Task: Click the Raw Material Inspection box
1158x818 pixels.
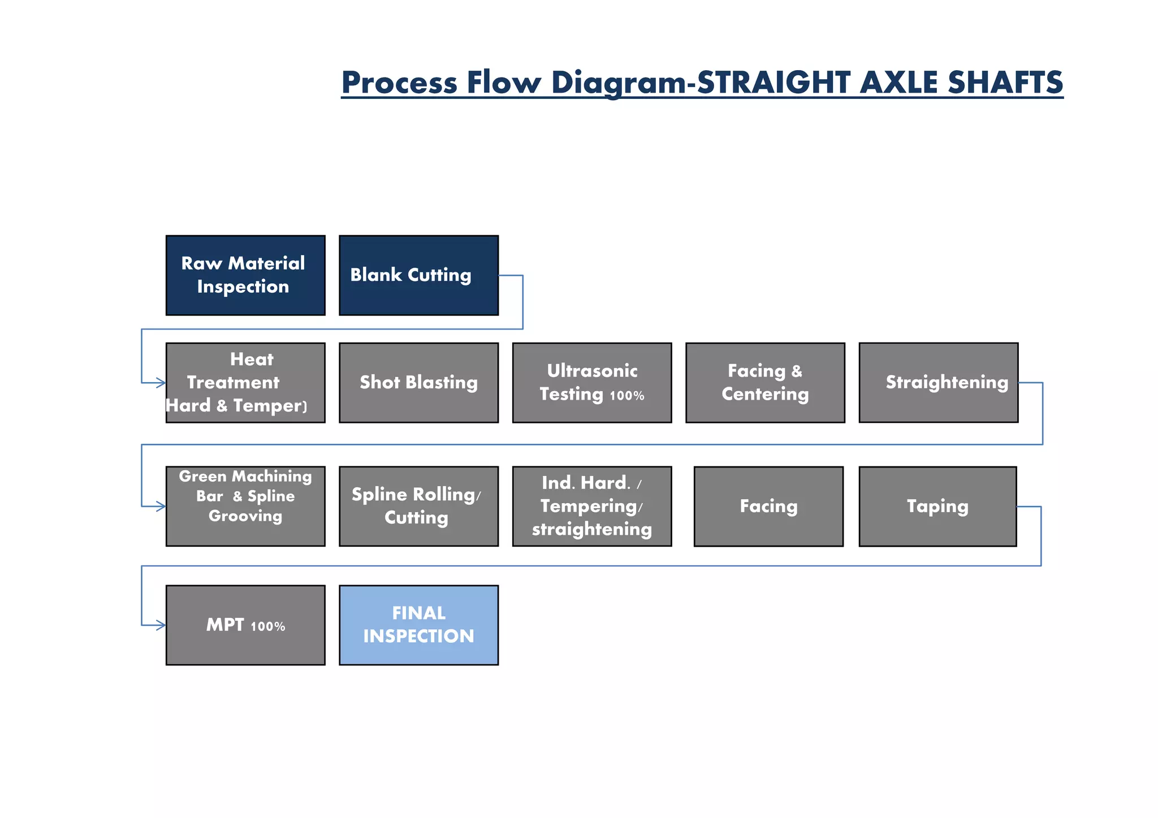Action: click(245, 275)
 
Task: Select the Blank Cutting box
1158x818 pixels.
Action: click(418, 275)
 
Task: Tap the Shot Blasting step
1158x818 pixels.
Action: click(418, 383)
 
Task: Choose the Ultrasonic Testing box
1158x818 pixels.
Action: click(591, 383)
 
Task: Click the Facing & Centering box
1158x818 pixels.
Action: click(765, 383)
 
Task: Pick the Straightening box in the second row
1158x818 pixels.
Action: click(938, 383)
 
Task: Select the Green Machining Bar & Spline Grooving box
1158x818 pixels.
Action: click(245, 506)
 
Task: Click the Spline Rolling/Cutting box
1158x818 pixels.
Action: click(418, 506)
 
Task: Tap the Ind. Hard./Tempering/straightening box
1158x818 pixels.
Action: click(591, 506)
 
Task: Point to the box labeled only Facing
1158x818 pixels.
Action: click(768, 506)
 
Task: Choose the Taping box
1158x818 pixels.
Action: click(937, 506)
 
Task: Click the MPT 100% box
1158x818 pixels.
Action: click(245, 625)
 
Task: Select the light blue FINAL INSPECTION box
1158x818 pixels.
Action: click(418, 625)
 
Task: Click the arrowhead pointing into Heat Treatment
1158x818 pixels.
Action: click(161, 383)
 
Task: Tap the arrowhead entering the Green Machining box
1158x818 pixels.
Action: click(161, 507)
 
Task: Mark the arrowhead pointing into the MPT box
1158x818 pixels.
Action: click(161, 625)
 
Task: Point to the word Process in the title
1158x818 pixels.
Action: click(399, 83)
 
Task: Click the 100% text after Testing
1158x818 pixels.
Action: click(627, 396)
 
